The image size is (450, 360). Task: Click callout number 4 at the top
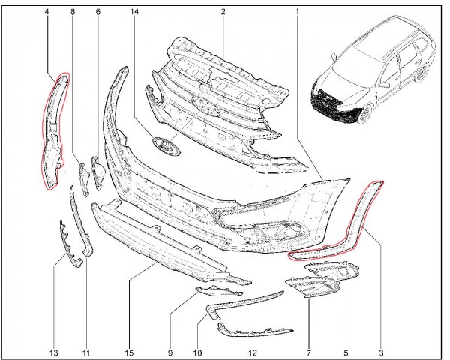click(x=46, y=12)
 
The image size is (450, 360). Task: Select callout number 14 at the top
click(x=134, y=12)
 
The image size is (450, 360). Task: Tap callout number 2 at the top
click(x=223, y=12)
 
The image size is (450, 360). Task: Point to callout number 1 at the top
click(x=297, y=12)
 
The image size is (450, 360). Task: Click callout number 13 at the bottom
click(x=54, y=352)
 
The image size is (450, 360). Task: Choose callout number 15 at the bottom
click(x=129, y=352)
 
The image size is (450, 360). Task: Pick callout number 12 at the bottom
click(x=253, y=352)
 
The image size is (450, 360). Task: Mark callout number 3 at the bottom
click(x=381, y=352)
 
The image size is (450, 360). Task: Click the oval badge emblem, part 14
click(x=166, y=146)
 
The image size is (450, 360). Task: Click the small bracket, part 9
click(x=219, y=290)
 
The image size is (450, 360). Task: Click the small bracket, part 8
click(x=84, y=179)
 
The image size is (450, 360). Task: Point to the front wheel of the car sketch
click(x=365, y=114)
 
